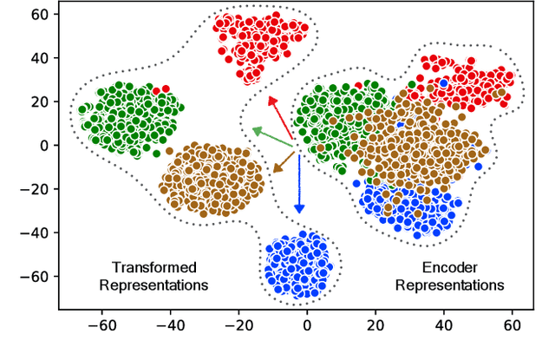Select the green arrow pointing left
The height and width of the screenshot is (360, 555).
(x=272, y=135)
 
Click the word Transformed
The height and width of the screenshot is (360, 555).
(x=154, y=267)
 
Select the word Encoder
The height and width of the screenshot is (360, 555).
(x=449, y=267)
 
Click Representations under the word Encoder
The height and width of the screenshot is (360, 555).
(x=449, y=285)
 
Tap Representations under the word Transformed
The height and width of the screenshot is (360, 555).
(x=154, y=285)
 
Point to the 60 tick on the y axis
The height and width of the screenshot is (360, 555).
(x=36, y=15)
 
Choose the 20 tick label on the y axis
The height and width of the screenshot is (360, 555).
(x=36, y=101)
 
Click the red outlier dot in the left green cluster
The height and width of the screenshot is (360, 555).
(x=156, y=89)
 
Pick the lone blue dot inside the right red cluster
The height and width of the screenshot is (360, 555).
(x=444, y=83)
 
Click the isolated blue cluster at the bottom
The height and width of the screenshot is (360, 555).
(x=297, y=263)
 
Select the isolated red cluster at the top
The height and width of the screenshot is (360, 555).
(x=258, y=43)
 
